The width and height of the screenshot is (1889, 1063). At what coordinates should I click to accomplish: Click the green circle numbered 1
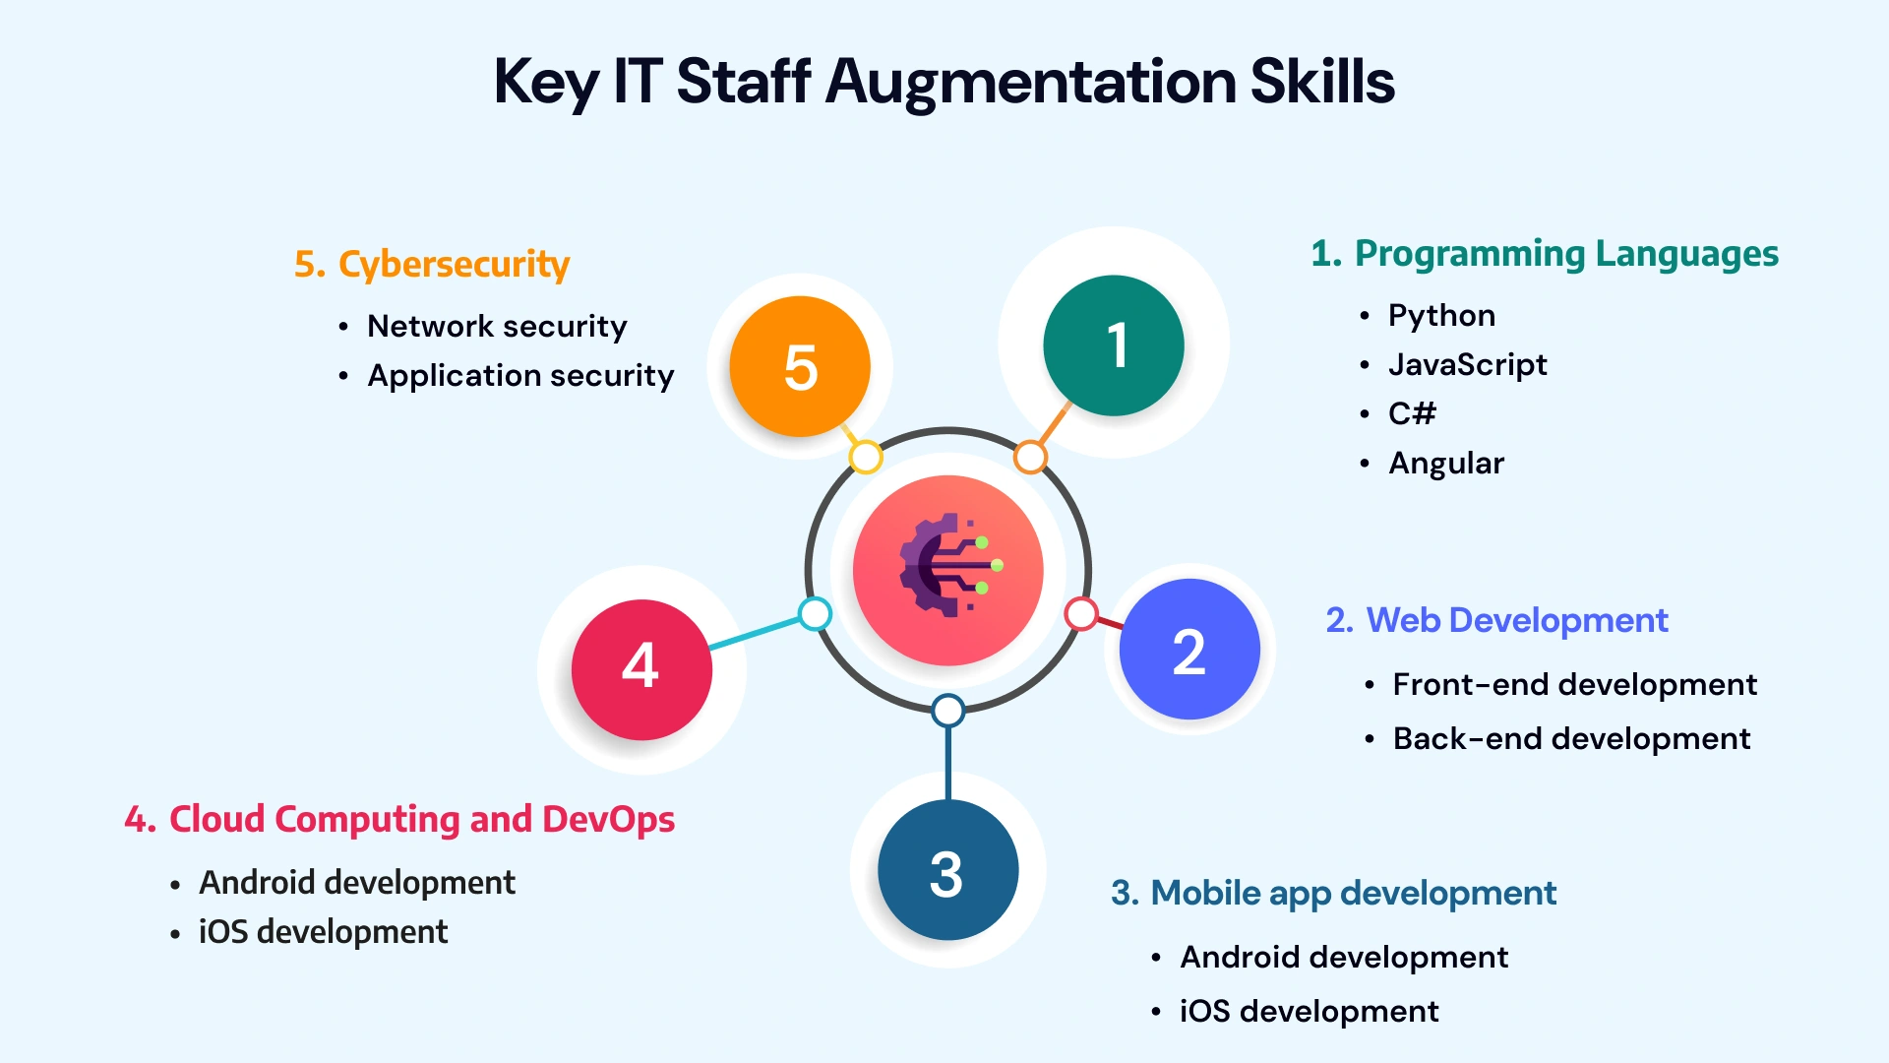point(1114,345)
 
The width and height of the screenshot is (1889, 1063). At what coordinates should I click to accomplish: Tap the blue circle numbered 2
point(1189,650)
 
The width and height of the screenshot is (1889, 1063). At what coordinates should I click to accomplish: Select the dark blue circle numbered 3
point(947,870)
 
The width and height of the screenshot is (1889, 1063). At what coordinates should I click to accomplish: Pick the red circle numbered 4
point(641,669)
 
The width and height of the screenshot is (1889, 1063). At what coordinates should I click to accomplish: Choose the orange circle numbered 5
point(800,366)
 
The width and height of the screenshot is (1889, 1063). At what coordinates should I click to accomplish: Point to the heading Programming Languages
point(1545,254)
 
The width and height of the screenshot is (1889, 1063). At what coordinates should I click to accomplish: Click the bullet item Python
point(1441,316)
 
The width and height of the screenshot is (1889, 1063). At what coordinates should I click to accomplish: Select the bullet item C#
point(1412,413)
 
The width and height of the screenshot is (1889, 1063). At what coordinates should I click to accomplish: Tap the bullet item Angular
point(1446,464)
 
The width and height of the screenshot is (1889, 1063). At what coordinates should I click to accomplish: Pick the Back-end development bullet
point(1571,739)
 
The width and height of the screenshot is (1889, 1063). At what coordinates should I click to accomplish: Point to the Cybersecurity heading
point(432,265)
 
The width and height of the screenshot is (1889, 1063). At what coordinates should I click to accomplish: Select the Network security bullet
point(497,327)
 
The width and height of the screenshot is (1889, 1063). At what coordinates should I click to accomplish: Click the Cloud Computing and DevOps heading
point(399,820)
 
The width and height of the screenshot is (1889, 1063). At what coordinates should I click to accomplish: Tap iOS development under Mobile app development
point(1309,1012)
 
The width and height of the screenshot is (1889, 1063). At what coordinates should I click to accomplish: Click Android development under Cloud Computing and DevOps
point(357,883)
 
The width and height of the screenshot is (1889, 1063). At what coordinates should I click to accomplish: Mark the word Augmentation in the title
point(1030,82)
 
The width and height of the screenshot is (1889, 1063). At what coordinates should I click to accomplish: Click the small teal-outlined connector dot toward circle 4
point(815,614)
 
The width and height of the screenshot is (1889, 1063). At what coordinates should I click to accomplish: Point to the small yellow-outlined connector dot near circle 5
point(866,457)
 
